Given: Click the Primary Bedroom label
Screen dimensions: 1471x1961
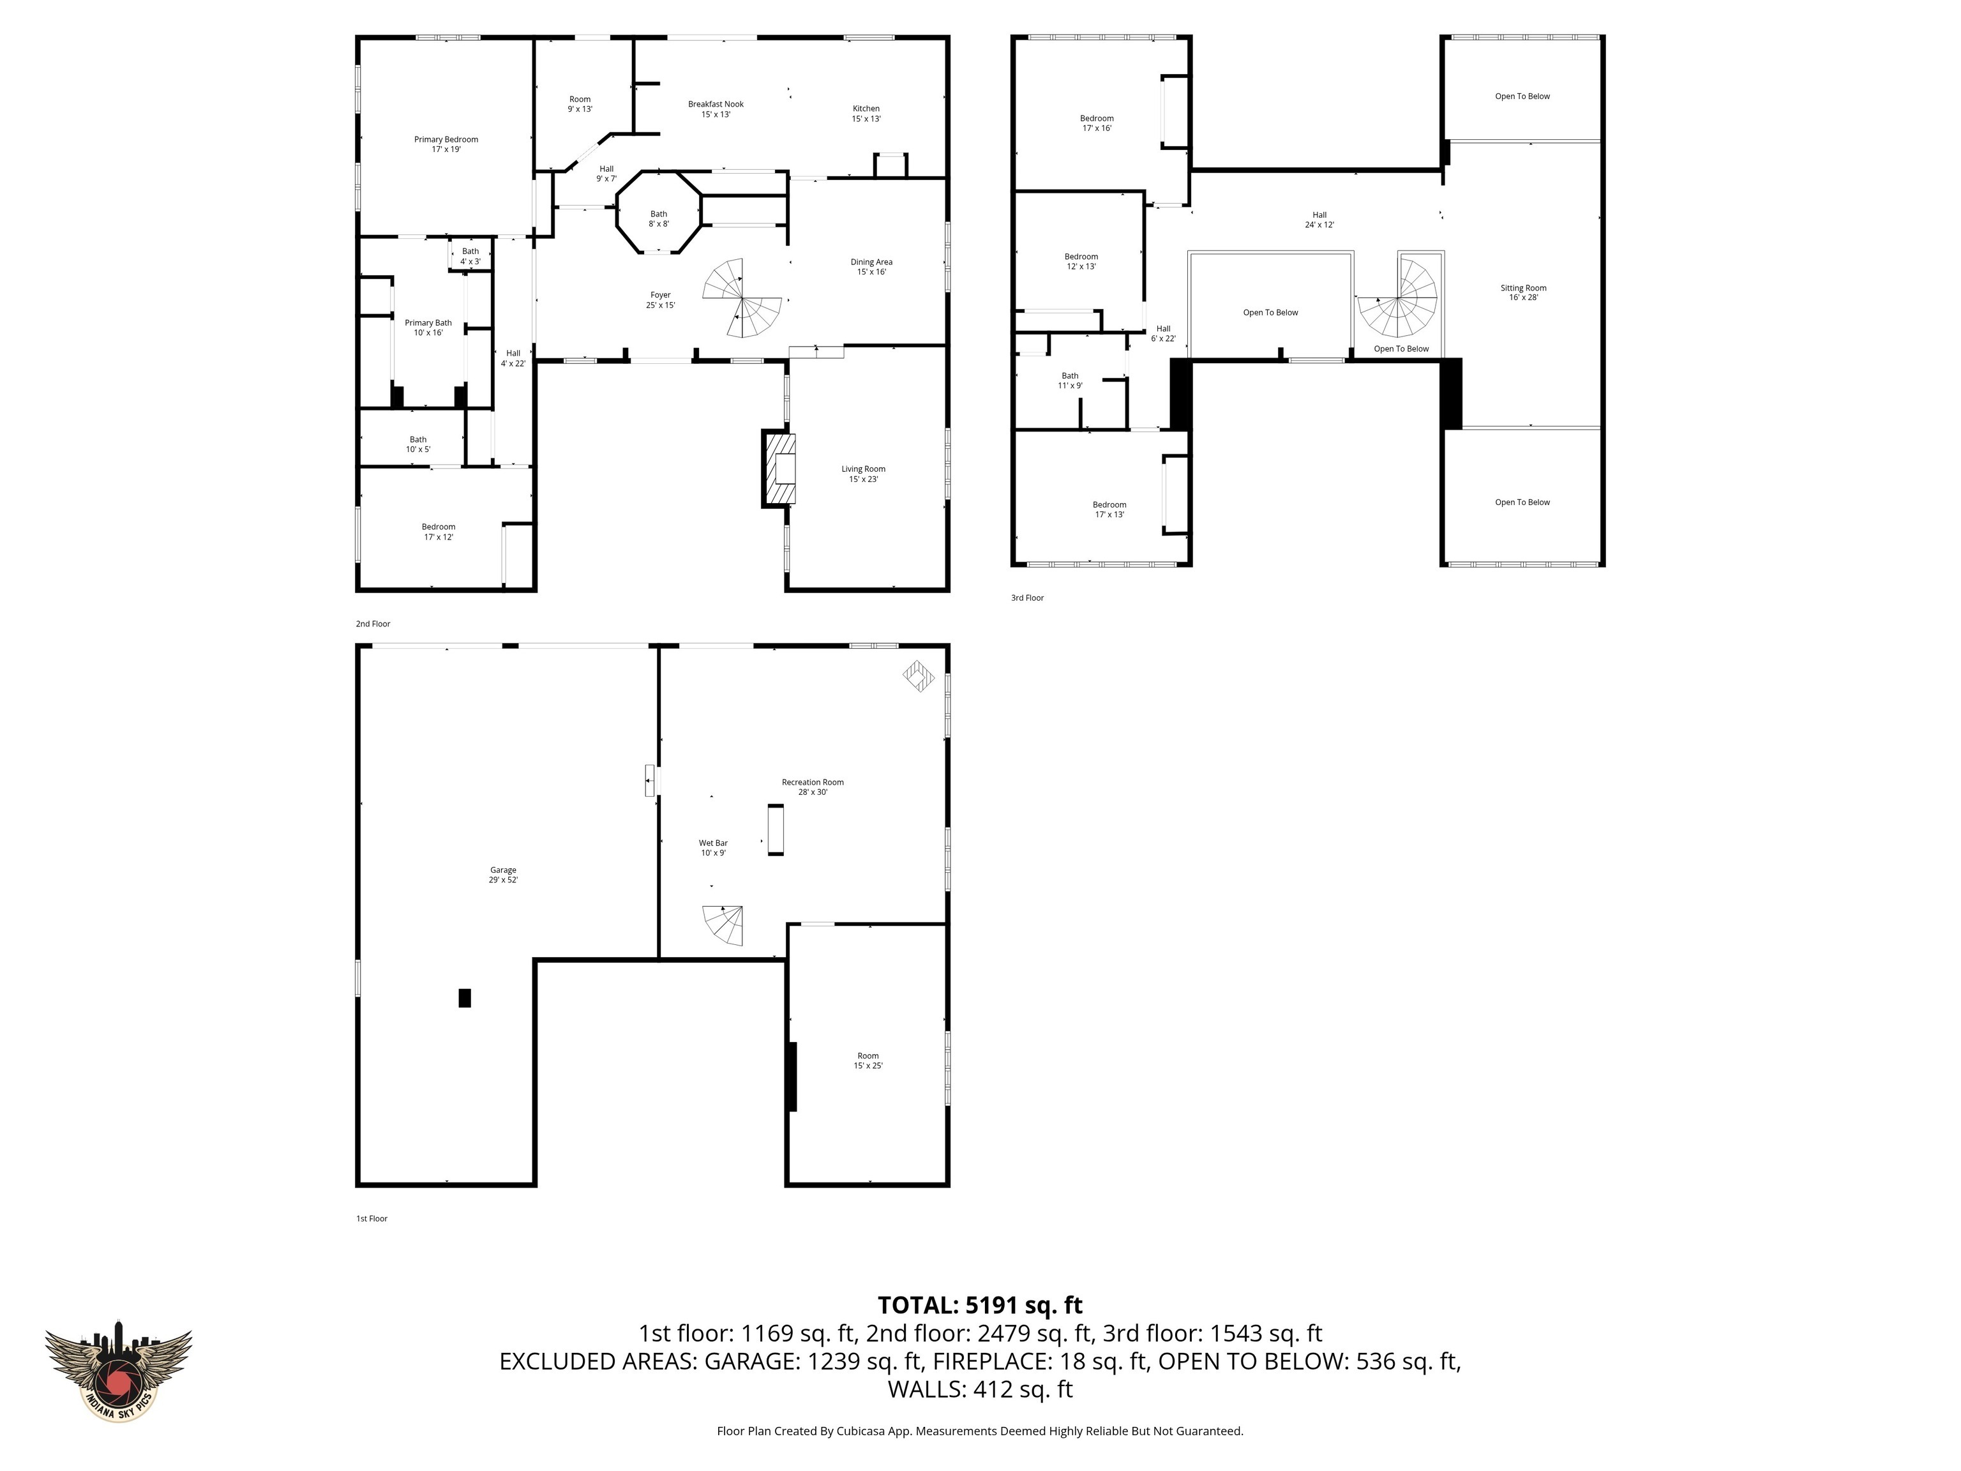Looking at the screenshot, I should [446, 144].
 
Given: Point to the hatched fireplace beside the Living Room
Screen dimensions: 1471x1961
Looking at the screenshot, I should [779, 469].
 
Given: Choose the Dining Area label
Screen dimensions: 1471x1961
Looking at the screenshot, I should [871, 267].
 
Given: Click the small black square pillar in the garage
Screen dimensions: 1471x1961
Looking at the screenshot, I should [465, 997].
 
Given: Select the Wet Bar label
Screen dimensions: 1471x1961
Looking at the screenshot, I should [713, 848].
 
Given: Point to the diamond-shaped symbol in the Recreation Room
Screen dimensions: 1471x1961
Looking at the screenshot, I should [919, 677].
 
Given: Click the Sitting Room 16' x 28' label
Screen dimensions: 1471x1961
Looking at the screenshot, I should [1523, 292].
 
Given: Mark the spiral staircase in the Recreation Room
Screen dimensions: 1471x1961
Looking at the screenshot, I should [725, 926].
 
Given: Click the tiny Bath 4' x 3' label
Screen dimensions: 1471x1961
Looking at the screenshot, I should [470, 256].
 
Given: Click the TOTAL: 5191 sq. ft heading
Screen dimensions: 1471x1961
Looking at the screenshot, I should [980, 1305].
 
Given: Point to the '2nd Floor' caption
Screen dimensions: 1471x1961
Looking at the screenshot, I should [373, 623].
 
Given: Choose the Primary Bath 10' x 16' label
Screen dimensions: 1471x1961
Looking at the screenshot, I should [428, 327].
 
